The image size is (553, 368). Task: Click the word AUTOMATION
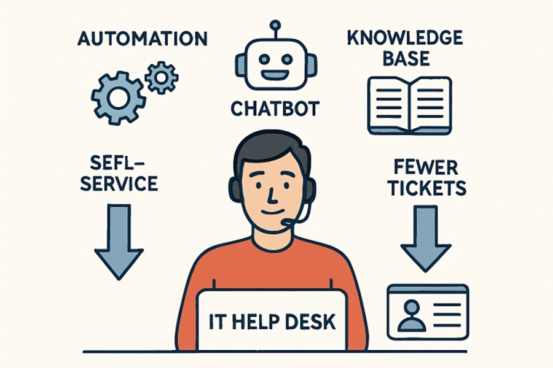142,38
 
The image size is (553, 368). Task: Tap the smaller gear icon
162,77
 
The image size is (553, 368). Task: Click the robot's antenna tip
275,25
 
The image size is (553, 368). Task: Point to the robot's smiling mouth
275,75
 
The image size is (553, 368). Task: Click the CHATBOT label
275,109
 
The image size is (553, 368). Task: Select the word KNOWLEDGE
405,37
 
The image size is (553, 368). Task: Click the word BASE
406,58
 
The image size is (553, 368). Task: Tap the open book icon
409,105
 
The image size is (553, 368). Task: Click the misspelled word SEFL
116,163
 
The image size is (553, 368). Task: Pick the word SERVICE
119,183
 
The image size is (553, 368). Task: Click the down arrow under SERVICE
119,242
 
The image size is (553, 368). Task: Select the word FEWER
425,167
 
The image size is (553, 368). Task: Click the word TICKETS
427,188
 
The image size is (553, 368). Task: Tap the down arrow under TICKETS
426,239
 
